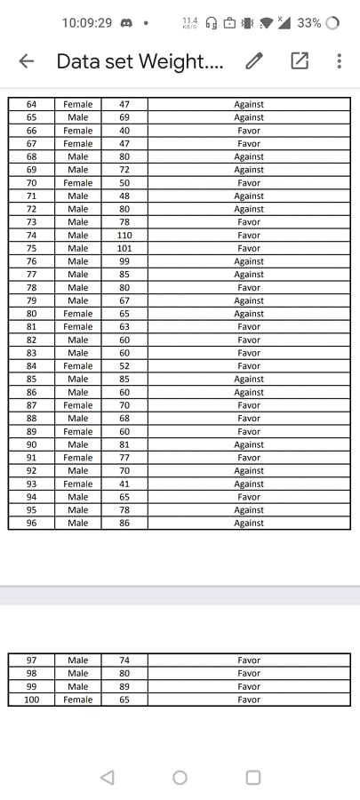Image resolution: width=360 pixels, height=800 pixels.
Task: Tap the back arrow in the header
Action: (x=27, y=61)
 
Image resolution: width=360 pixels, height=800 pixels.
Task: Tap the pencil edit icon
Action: (x=255, y=61)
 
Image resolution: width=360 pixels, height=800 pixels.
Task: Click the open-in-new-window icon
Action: (x=299, y=61)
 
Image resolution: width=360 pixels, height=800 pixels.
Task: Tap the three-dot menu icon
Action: (x=339, y=61)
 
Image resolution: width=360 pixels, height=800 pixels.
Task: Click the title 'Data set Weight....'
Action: (x=140, y=61)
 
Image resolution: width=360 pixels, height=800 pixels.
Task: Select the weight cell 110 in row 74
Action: (x=124, y=236)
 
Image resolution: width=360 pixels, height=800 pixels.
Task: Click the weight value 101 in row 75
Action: (x=124, y=249)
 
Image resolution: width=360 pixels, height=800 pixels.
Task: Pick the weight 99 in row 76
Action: (x=124, y=261)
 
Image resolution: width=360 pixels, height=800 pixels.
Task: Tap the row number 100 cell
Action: (x=32, y=700)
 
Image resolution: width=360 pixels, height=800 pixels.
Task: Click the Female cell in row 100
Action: (x=78, y=700)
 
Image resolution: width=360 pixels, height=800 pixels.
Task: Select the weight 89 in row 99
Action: (x=124, y=686)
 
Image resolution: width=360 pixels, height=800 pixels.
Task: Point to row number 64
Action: (x=32, y=104)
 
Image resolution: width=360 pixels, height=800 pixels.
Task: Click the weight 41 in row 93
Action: (x=124, y=484)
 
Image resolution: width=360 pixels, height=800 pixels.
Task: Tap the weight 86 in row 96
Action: (x=124, y=524)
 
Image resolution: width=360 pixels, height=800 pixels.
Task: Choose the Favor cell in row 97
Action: (x=249, y=660)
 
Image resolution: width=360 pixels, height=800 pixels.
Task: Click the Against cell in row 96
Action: (x=249, y=524)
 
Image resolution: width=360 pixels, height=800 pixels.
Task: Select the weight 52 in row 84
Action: (x=124, y=366)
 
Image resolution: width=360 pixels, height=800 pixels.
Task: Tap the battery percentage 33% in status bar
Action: (x=309, y=23)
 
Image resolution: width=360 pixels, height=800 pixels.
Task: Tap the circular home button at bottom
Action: (x=180, y=778)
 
